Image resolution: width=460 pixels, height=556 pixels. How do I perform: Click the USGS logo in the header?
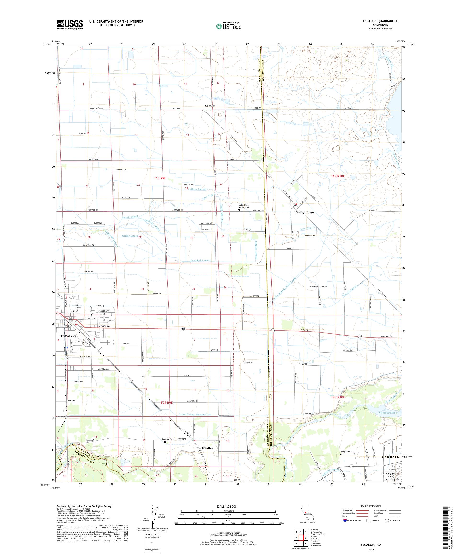click(x=70, y=25)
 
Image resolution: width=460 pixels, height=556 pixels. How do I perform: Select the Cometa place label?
click(x=210, y=106)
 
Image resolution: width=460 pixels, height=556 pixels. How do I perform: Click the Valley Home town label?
click(x=305, y=212)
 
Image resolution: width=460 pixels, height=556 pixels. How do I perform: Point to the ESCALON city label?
click(x=68, y=336)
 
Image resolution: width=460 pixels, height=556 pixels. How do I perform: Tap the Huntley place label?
click(x=207, y=448)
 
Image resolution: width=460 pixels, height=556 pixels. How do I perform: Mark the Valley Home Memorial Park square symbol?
click(x=239, y=210)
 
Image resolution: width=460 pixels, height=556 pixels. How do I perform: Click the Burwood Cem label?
click(x=168, y=439)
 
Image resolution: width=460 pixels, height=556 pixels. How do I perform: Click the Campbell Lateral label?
click(x=200, y=261)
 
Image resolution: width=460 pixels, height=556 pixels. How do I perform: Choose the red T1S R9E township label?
click(x=160, y=179)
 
